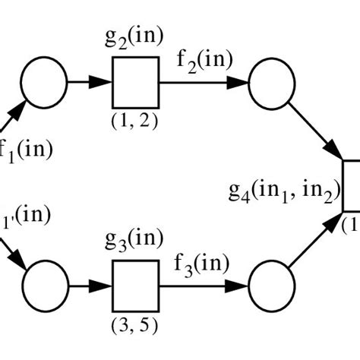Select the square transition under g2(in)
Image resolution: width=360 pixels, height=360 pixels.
(x=135, y=81)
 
